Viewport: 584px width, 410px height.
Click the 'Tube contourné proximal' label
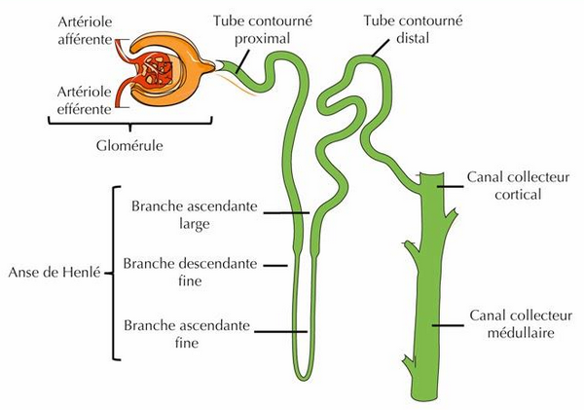(x=260, y=28)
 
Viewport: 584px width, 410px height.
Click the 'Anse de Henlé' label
(x=53, y=272)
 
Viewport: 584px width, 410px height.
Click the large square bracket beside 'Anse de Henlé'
(x=116, y=273)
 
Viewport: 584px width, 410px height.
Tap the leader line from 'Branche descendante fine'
(x=276, y=264)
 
